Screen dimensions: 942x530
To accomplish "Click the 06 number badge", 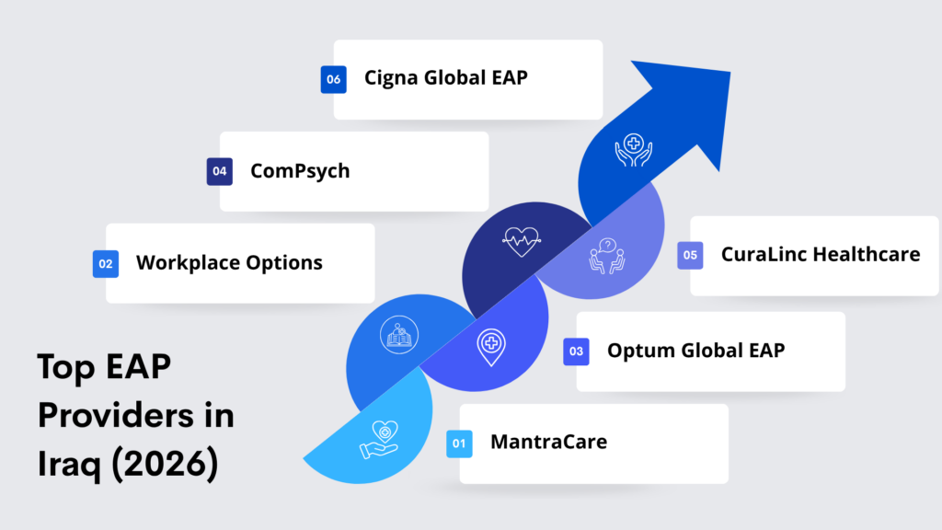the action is [x=333, y=79].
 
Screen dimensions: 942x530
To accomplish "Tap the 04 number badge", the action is [x=220, y=171].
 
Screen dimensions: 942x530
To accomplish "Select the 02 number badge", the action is [x=106, y=264].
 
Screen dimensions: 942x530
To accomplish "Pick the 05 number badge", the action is [x=690, y=256].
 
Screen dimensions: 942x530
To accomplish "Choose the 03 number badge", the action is [x=576, y=351].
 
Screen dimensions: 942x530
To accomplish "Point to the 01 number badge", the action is [x=460, y=444].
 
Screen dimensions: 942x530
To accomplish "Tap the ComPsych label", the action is [x=300, y=171].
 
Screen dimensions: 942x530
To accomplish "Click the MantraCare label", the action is [x=548, y=442].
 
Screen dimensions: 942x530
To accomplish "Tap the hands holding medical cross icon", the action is [x=633, y=150].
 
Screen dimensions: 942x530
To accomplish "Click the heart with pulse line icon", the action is [x=522, y=242].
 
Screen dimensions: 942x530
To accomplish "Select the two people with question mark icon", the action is [x=607, y=256].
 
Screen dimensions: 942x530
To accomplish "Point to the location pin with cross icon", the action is [x=491, y=347].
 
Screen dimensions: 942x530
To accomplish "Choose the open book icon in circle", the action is [x=399, y=335].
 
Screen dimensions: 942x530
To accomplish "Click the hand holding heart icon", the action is [x=379, y=440].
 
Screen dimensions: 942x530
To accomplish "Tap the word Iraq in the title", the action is [x=70, y=464].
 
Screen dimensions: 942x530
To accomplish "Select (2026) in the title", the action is [x=165, y=463].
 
